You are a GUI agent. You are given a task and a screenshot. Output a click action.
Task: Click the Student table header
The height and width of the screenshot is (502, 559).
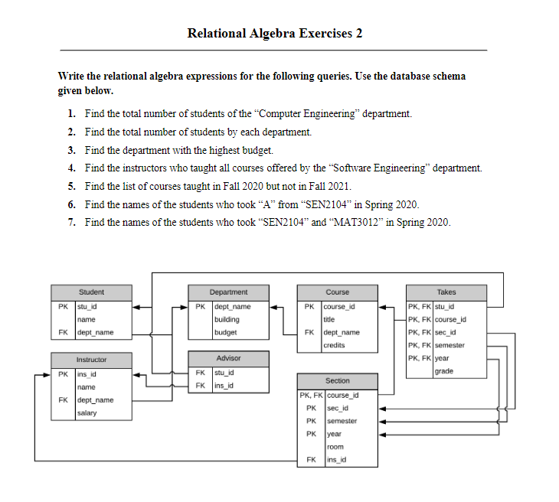point(91,292)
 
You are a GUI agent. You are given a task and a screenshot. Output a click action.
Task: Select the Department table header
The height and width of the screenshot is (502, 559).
point(228,292)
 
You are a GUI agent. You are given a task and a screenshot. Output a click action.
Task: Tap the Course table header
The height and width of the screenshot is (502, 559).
point(337,292)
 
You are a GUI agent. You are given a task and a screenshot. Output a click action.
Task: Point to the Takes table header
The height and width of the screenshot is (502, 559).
point(446,292)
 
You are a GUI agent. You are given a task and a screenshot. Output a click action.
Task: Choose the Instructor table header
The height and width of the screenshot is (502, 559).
point(91,359)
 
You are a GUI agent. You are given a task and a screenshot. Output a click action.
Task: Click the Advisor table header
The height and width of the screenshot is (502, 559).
point(228,358)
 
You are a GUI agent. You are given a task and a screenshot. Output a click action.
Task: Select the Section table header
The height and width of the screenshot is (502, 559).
point(337,380)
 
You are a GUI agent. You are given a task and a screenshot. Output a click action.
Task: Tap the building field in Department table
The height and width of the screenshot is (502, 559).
point(227,320)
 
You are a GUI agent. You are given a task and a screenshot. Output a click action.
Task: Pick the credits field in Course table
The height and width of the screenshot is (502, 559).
point(335,346)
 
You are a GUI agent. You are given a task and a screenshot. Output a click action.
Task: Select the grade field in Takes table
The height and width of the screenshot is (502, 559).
point(443,371)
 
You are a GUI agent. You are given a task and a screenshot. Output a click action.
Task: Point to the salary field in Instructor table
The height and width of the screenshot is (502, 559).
point(87,413)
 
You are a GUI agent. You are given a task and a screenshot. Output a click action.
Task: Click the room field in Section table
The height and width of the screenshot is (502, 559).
point(334,447)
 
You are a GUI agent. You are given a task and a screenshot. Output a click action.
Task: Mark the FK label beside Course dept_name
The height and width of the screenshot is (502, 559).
point(309,333)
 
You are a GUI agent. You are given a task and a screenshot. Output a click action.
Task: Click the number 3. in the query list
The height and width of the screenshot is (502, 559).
point(71,150)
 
